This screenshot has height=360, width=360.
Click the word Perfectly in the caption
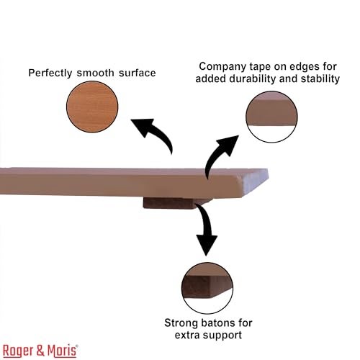point(50,73)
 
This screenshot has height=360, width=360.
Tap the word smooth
point(96,73)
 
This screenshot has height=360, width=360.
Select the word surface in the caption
point(138,73)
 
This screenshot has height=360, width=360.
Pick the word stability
point(320,78)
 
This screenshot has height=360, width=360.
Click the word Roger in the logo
point(18,351)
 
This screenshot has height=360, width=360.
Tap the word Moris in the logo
point(62,351)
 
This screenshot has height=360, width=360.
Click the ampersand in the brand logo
point(40,351)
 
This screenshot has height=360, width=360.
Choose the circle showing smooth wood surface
point(92,107)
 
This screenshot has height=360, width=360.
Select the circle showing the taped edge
point(271,117)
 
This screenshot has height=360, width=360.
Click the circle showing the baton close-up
point(207,288)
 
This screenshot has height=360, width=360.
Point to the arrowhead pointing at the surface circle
point(143,127)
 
